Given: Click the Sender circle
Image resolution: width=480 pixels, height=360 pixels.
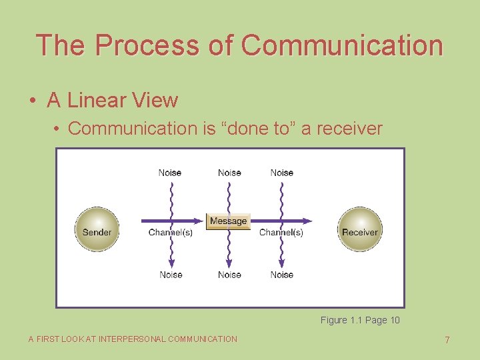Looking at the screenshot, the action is pos(97,230).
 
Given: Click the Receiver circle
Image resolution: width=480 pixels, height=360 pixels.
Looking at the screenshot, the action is pos(360,230).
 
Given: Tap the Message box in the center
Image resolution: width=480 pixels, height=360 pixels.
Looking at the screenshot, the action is pos(228,221).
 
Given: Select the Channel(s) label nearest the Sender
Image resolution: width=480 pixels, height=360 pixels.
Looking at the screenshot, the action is pos(170,233).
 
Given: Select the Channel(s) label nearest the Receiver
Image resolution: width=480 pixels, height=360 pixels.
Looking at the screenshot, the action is pos(281,233).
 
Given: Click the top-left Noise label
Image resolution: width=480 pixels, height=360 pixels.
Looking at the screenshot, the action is pos(170,173).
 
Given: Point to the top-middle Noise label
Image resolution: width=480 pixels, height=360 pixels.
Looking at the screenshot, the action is pos(229,173).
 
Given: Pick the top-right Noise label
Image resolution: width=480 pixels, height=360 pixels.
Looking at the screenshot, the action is pos(282,173).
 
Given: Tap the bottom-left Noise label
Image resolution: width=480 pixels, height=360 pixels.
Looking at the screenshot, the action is pos(171,275).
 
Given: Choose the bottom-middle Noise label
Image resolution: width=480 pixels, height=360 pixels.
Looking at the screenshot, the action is pos(229,275).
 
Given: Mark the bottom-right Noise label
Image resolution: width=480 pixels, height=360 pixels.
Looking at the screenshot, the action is pos(282,275).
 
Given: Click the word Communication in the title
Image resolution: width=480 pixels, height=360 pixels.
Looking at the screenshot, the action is pos(342,45).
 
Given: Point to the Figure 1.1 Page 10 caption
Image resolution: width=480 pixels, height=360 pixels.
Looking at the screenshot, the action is pos(360,320).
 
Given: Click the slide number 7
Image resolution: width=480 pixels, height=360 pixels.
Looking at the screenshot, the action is pos(447,340).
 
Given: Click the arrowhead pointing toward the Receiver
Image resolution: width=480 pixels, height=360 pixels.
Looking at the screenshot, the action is pos(307,221).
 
